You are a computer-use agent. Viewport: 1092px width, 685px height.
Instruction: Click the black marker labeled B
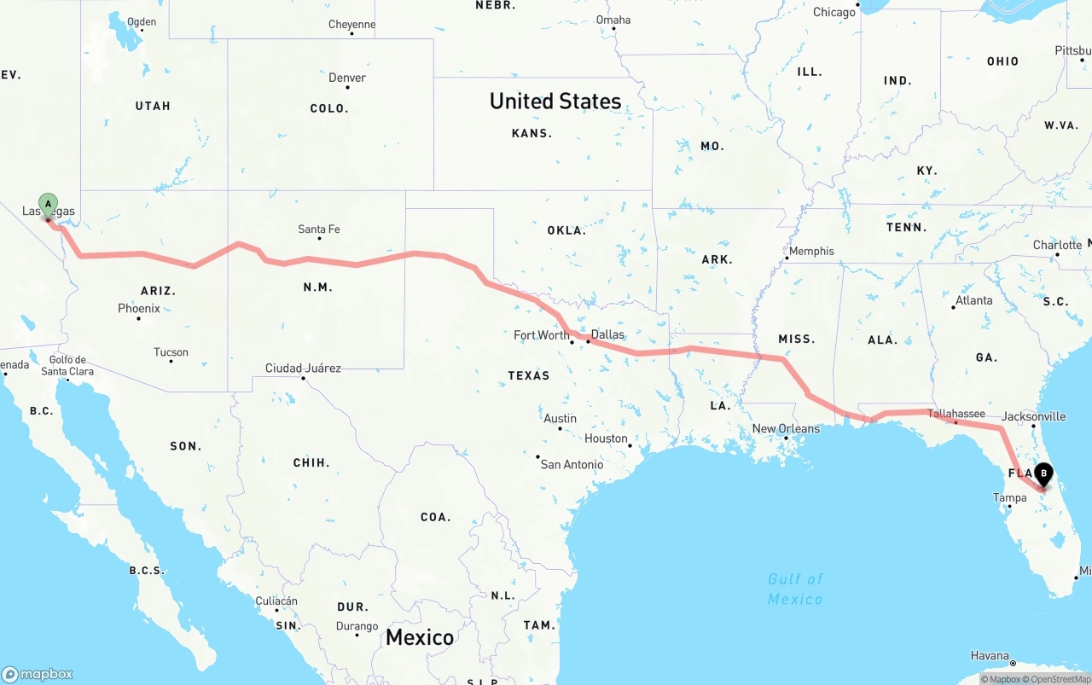(1043, 473)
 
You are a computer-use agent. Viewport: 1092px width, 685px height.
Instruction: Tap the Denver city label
(347, 78)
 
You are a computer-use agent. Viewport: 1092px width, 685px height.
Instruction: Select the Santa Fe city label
(319, 229)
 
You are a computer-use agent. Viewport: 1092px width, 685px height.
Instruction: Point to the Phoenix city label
(139, 308)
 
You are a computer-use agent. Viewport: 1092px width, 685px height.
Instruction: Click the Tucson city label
(171, 352)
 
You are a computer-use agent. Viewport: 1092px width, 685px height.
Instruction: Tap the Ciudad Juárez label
(303, 369)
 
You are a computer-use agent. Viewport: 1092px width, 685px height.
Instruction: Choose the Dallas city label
(607, 334)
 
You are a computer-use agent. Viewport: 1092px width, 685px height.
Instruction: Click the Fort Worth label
(542, 335)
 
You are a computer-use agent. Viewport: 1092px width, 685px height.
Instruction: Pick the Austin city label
(560, 419)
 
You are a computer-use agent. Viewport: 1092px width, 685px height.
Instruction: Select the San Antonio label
(572, 464)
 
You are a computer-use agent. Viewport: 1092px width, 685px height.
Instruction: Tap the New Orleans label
(786, 428)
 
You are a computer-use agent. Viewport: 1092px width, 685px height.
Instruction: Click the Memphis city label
(811, 251)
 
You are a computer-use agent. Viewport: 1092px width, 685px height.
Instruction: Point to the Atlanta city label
(973, 300)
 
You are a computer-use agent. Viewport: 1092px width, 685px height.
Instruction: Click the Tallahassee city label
(956, 414)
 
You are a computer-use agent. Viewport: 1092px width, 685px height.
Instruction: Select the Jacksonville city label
(1034, 416)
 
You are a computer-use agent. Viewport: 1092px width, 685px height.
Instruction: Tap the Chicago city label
(834, 12)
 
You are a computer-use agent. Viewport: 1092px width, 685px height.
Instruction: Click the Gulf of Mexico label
(795, 589)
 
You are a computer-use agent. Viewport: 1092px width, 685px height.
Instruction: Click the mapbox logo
(38, 674)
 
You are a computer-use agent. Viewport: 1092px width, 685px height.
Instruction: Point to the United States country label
(555, 101)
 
